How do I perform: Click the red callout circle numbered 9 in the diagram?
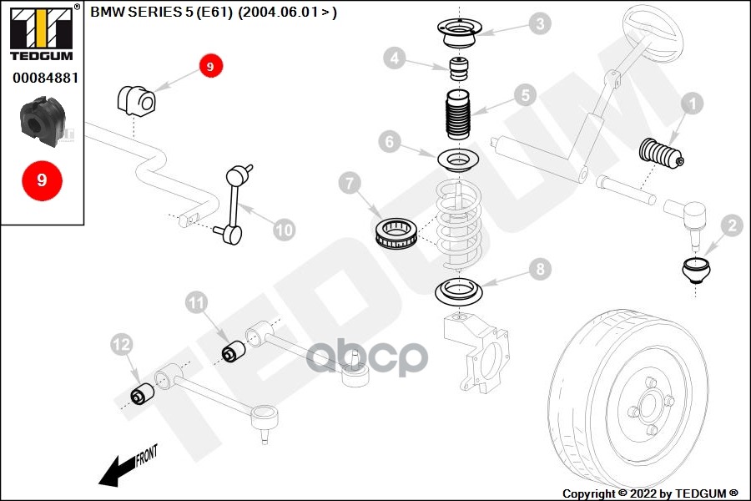[x=210, y=66]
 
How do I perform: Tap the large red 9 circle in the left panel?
[x=42, y=180]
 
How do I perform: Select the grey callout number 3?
[x=542, y=23]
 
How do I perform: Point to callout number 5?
[x=523, y=95]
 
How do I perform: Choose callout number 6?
[x=390, y=142]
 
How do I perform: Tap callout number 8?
[x=541, y=269]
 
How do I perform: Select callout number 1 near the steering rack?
[x=692, y=104]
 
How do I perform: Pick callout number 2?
[x=731, y=225]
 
